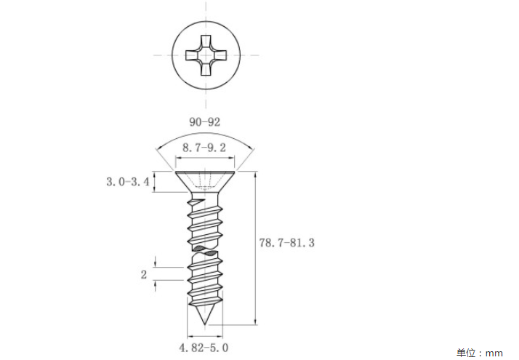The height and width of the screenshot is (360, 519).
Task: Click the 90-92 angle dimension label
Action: coord(204,122)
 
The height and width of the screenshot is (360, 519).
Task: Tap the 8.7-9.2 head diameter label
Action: coord(204,148)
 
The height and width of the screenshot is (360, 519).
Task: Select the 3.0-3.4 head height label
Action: coord(128,182)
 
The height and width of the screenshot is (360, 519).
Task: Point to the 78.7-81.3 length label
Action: coord(286,243)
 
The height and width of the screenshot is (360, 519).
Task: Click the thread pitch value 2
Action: coord(144,275)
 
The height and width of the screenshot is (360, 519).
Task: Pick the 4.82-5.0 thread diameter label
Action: coord(204,348)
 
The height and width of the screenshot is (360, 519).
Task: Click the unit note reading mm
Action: coord(494,353)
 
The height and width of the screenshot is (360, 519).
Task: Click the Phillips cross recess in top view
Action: coord(206,55)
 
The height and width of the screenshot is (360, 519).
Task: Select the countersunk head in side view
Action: coord(205,182)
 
